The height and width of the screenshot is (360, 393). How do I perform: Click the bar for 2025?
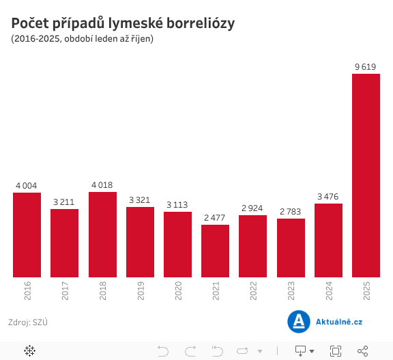tap(366, 176)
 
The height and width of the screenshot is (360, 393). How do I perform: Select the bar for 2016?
tap(27, 235)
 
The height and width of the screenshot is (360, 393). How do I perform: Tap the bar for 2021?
tap(215, 251)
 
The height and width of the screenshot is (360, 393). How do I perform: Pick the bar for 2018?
tap(102, 234)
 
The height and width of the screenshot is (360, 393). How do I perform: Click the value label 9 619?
tap(366, 66)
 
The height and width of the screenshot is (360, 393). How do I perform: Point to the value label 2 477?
tap(215, 217)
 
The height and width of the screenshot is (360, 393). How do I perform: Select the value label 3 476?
tap(328, 197)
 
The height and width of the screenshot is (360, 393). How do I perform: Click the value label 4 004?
tap(27, 185)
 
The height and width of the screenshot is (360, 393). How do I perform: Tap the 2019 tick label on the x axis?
tap(141, 292)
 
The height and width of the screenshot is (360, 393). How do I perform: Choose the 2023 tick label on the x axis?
tap(291, 292)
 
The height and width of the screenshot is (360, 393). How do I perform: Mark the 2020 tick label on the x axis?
tap(178, 292)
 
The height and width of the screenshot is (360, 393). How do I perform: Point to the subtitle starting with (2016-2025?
tap(82, 39)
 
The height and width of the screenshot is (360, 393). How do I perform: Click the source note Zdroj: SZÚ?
tap(27, 321)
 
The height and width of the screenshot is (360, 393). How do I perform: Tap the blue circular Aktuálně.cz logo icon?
tap(298, 321)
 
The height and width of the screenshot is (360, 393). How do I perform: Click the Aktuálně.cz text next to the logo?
tap(339, 321)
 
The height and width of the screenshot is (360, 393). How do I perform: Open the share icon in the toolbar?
tap(362, 351)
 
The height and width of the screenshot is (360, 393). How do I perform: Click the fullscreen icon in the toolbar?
tap(335, 351)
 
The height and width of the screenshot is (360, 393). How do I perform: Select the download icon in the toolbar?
tap(300, 351)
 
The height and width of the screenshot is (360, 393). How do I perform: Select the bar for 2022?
tap(253, 246)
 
